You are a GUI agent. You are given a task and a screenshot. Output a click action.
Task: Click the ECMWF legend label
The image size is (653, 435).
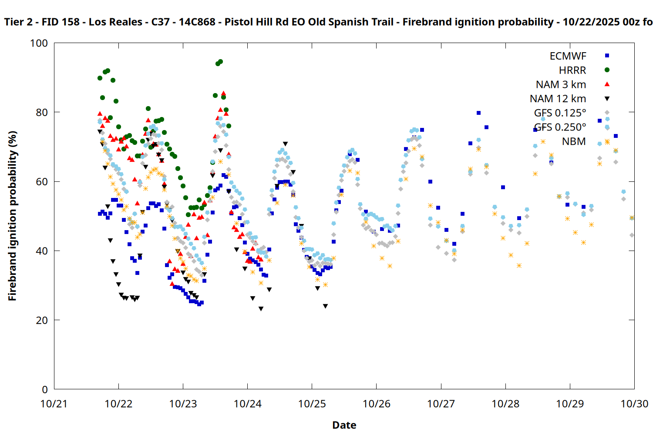tap(568, 56)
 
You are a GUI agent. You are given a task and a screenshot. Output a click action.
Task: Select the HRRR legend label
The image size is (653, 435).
tap(572, 70)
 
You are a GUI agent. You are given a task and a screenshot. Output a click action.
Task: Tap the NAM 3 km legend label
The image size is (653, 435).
tap(561, 84)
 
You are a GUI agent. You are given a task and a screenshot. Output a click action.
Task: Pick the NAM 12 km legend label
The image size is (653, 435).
tap(558, 99)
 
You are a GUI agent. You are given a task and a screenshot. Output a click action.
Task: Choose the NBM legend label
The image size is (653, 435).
tap(574, 141)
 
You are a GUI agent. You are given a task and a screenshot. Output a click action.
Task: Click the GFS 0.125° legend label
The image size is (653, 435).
tap(560, 113)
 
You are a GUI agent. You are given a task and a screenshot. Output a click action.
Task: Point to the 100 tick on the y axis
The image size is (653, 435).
tap(39, 43)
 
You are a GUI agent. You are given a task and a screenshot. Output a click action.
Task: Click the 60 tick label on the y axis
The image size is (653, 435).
tap(42, 181)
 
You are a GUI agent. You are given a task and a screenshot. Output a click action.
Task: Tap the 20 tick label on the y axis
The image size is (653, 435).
tap(42, 320)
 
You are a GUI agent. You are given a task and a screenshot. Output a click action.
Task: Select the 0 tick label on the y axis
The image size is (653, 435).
tap(44, 389)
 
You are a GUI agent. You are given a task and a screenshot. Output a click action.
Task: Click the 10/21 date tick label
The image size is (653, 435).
tap(54, 404)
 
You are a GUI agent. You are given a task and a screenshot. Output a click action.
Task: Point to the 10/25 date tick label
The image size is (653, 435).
tap(312, 404)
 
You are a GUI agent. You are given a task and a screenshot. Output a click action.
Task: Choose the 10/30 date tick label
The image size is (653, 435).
tap(634, 404)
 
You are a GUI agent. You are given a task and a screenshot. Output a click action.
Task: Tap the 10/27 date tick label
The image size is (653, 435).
tap(441, 404)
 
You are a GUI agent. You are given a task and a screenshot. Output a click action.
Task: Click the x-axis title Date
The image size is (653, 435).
tap(344, 425)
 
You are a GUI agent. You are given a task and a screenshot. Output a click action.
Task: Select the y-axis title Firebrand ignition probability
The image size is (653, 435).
tap(12, 216)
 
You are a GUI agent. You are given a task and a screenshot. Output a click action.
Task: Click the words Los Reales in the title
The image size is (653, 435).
tap(115, 22)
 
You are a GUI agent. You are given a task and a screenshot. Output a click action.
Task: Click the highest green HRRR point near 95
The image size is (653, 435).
tap(220, 62)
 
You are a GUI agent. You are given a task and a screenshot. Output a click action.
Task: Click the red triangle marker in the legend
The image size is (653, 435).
tap(607, 84)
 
